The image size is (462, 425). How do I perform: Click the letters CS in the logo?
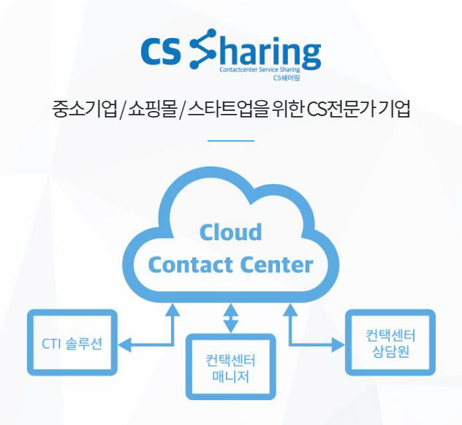[x=163, y=52]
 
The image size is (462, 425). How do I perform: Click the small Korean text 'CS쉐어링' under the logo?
[x=286, y=77]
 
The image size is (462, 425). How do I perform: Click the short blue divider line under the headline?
[x=231, y=140]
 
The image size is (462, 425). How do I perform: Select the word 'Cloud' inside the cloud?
[x=230, y=232]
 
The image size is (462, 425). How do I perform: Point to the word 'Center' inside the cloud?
[x=277, y=264]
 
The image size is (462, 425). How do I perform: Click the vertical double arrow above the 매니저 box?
[x=231, y=316]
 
